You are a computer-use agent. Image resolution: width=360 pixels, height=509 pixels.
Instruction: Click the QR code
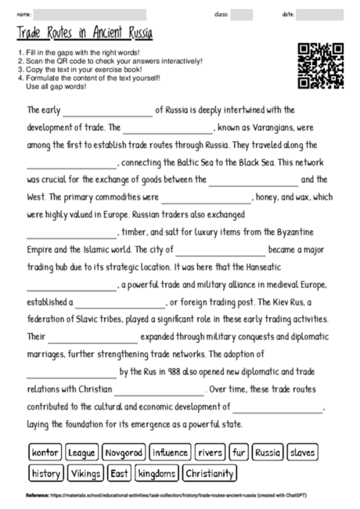click(x=321, y=66)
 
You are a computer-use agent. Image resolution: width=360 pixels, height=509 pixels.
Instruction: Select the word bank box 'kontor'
click(x=45, y=453)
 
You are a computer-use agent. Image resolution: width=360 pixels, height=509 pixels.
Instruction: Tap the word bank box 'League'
click(x=81, y=453)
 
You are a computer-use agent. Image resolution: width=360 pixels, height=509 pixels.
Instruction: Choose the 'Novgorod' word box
click(x=124, y=453)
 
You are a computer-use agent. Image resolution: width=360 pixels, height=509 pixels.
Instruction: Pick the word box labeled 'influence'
click(x=170, y=453)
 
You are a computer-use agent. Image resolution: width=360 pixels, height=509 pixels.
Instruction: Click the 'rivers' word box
click(x=211, y=453)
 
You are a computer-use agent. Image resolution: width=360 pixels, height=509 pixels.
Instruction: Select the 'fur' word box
click(x=239, y=453)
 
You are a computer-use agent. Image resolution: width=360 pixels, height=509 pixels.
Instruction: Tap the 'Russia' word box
click(x=268, y=453)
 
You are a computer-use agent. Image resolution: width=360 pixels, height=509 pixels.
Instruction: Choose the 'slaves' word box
click(x=301, y=453)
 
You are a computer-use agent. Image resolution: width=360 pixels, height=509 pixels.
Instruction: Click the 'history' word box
click(x=45, y=473)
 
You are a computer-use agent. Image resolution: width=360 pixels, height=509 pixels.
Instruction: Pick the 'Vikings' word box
click(x=85, y=473)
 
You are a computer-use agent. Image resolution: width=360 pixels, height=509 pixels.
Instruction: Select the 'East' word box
click(x=119, y=473)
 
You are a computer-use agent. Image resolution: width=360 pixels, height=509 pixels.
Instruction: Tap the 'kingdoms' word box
click(x=156, y=473)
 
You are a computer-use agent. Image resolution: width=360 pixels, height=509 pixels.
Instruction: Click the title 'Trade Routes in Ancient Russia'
click(x=84, y=34)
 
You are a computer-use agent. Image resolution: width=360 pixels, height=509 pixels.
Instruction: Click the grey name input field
click(x=90, y=14)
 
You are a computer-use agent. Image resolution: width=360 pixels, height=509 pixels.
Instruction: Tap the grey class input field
click(x=242, y=14)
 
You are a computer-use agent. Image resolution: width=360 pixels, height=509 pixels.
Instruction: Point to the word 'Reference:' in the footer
click(x=37, y=496)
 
